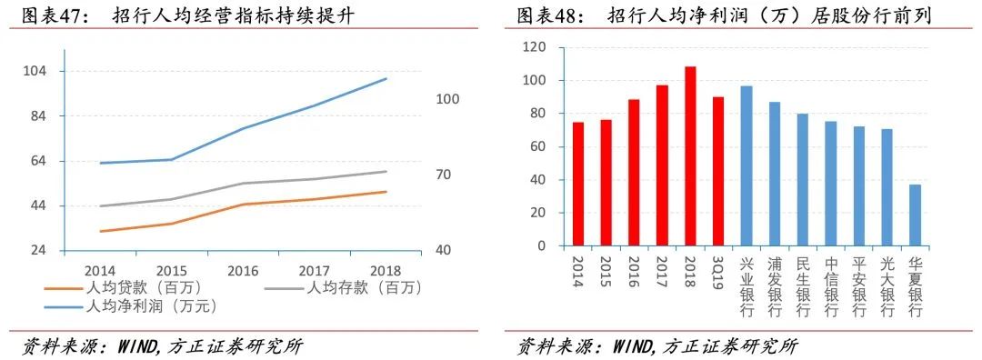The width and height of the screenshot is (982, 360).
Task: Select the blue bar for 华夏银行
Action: click(x=915, y=215)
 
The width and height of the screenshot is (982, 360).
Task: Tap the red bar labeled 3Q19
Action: click(x=717, y=171)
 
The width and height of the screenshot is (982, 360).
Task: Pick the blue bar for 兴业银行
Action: click(x=747, y=165)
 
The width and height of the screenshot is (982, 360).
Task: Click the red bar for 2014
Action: click(x=577, y=184)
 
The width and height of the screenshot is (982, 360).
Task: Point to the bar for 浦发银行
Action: click(x=775, y=174)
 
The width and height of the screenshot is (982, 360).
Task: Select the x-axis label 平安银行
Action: click(x=858, y=285)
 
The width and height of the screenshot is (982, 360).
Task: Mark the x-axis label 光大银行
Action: click(x=887, y=285)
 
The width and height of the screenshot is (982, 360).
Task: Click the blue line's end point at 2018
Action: click(x=386, y=79)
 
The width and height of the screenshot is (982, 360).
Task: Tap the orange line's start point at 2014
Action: click(x=101, y=231)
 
